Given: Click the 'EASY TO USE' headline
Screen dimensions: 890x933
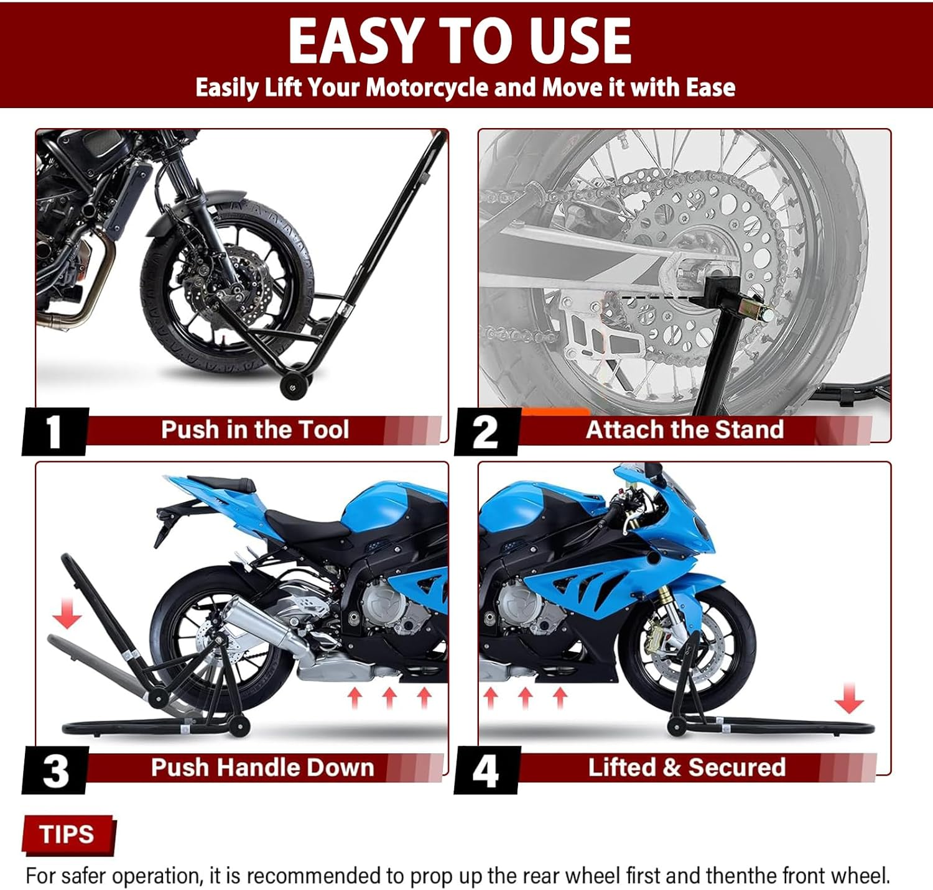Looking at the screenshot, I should click(x=460, y=41).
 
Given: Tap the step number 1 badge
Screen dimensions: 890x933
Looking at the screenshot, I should click(x=55, y=431).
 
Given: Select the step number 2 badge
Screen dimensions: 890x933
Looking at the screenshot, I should click(x=486, y=431).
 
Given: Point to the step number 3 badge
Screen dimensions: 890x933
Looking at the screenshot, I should click(x=55, y=771).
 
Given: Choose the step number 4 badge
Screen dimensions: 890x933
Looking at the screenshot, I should click(x=486, y=771).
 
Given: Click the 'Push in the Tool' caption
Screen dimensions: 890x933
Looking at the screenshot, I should click(x=254, y=430).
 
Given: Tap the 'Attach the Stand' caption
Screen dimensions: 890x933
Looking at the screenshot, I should click(x=684, y=430).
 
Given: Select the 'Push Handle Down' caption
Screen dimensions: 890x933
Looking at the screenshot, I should click(x=262, y=768).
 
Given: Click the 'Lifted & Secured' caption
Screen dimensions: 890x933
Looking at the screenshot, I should click(x=687, y=768).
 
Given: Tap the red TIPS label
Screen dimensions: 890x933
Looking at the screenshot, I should click(x=67, y=834).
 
